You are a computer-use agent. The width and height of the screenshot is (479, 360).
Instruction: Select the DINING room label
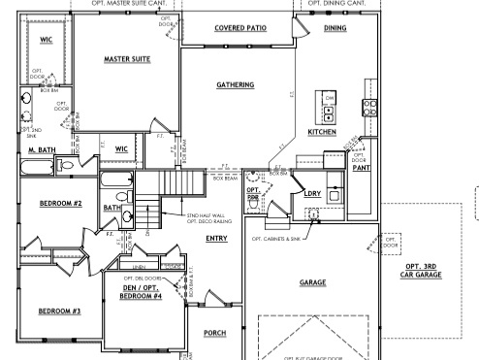click(335, 29)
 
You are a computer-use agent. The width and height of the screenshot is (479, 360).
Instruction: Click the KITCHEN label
click(322, 131)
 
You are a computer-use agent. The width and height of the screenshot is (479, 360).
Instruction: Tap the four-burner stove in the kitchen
click(368, 107)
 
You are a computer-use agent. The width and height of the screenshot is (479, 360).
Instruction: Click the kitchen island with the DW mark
click(329, 106)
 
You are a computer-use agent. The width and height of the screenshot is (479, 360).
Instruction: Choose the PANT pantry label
click(360, 167)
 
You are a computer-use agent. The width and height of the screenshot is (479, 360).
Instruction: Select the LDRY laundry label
click(312, 193)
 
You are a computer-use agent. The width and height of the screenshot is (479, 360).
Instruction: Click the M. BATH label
click(40, 151)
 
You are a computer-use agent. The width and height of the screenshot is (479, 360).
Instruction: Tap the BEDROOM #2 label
click(60, 205)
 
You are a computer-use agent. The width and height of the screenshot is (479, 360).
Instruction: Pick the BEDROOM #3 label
click(59, 311)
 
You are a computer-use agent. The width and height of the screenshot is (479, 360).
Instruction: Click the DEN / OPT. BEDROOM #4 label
click(140, 290)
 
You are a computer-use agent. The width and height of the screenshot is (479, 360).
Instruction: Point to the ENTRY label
click(216, 238)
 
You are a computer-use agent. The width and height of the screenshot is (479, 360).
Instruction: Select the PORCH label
click(215, 333)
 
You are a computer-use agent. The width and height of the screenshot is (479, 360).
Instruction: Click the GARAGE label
click(312, 282)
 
